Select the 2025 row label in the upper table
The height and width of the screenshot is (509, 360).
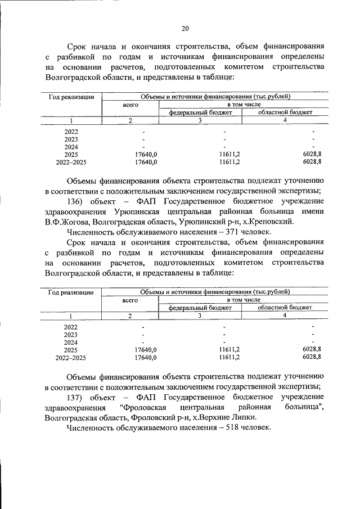click(x=71, y=154)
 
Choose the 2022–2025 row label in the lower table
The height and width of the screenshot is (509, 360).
click(x=71, y=357)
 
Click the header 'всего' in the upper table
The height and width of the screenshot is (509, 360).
click(x=130, y=105)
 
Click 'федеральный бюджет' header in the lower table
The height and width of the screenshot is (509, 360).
click(x=200, y=308)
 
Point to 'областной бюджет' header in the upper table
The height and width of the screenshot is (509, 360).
click(x=285, y=112)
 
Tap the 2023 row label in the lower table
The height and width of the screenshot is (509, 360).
click(x=71, y=335)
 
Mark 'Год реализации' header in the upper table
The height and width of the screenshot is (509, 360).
click(x=71, y=97)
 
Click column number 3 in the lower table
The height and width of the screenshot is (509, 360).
click(x=200, y=316)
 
